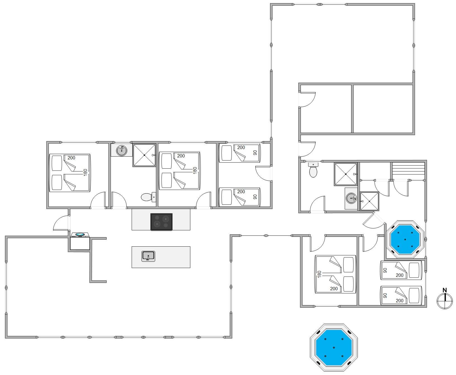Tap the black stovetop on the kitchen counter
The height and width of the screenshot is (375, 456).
pos(161,222)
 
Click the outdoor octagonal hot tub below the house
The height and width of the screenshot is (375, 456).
pos(334,348)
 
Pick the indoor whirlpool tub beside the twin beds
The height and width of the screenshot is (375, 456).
pos(405,239)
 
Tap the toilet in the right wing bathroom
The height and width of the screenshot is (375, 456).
pos(313,170)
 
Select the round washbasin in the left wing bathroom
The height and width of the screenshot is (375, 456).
pos(122,150)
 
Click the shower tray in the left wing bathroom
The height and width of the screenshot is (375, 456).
pos(144,155)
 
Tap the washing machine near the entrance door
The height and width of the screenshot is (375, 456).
pos(80,241)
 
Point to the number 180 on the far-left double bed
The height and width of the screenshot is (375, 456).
pos(86,172)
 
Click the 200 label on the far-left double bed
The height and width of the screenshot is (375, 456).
pos(71,158)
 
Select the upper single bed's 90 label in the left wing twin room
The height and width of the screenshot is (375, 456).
pos(255,153)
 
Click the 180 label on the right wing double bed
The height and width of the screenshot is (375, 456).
pos(319,274)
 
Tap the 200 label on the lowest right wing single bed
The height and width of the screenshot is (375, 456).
pos(400,301)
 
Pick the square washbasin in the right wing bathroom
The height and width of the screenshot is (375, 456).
pos(351,199)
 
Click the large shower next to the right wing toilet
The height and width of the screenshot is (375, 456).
pos(346,174)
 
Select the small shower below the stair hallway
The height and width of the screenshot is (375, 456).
pos(369,201)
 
